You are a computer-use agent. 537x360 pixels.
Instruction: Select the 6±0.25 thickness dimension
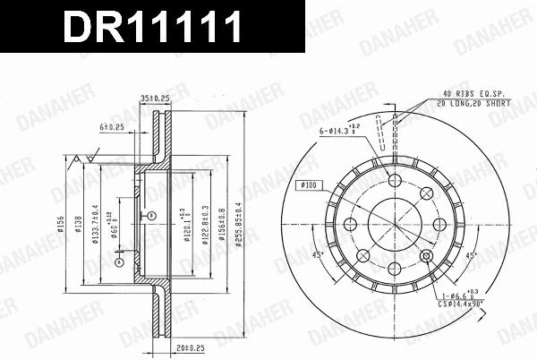(x=111, y=128)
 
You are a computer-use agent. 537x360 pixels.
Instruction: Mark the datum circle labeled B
(x=153, y=215)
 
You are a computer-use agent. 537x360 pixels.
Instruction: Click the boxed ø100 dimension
(x=308, y=184)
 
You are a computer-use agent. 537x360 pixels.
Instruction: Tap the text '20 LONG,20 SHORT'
(x=476, y=102)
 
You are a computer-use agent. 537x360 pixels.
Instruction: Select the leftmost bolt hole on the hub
(x=347, y=225)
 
